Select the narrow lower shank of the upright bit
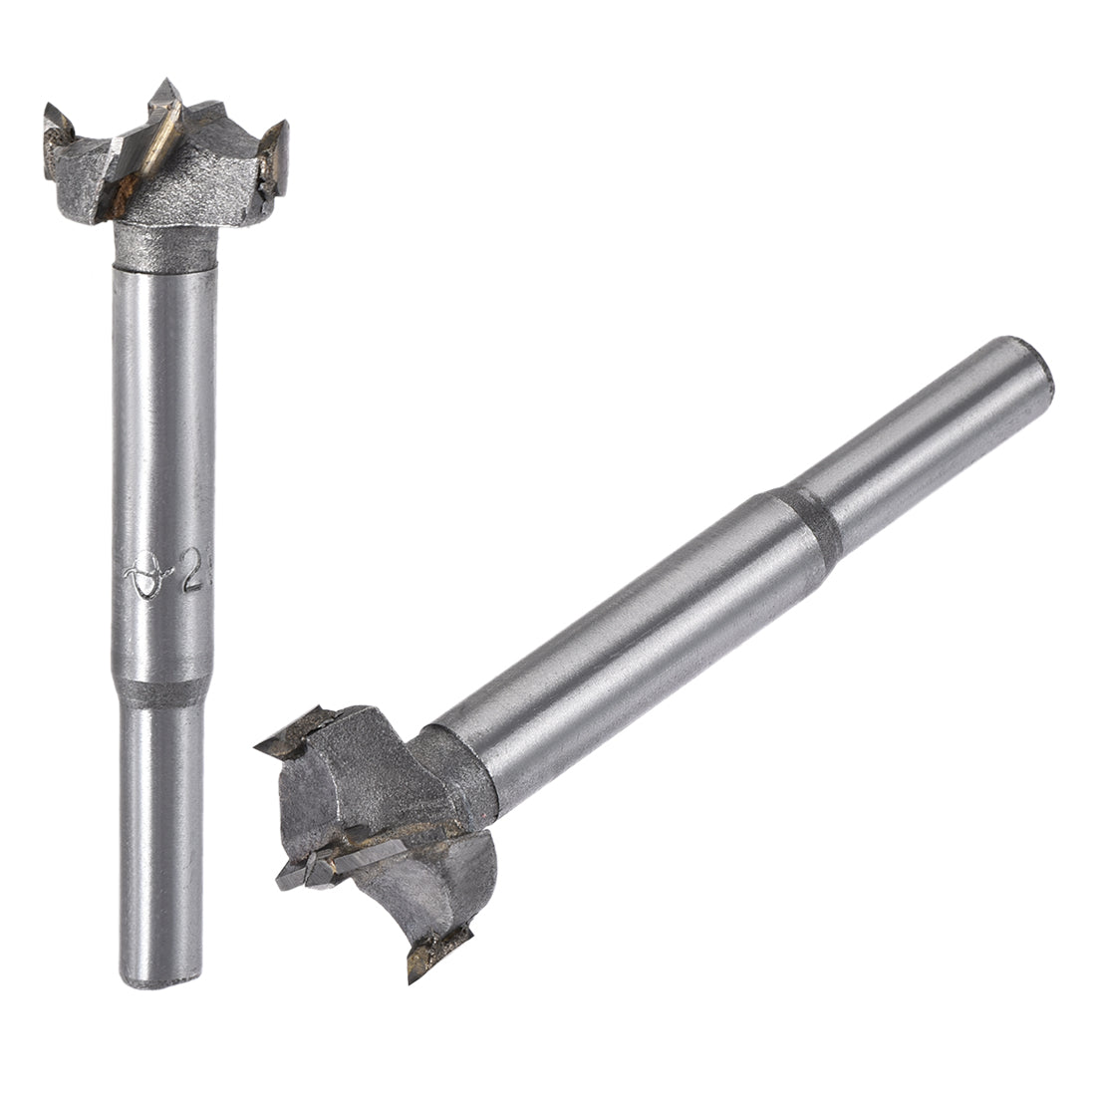(159, 837)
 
